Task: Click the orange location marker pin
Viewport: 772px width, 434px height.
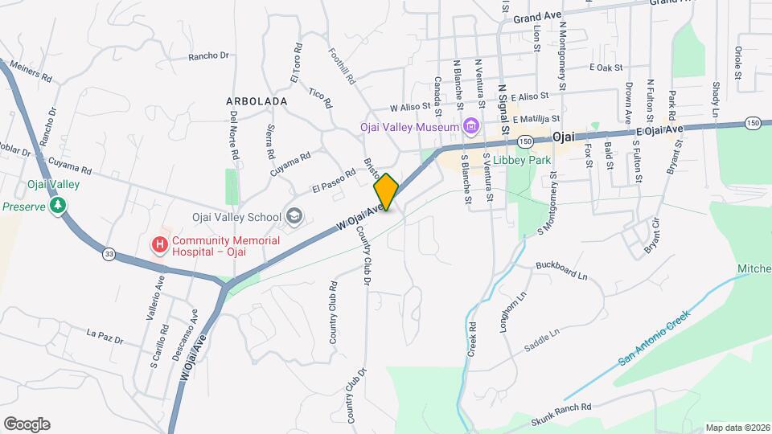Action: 387,192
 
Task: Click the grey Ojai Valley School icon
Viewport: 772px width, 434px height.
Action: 294,216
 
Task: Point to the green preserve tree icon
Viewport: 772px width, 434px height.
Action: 58,206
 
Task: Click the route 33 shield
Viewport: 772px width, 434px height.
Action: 109,255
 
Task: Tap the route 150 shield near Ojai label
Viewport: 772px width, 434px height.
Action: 524,141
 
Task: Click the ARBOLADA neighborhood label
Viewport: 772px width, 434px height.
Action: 257,102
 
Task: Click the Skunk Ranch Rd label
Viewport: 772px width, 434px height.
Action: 561,415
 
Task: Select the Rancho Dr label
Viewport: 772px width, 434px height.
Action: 209,56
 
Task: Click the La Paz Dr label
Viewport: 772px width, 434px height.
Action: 105,336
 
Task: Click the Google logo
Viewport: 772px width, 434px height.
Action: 27,424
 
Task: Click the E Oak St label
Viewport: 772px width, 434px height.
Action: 606,68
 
